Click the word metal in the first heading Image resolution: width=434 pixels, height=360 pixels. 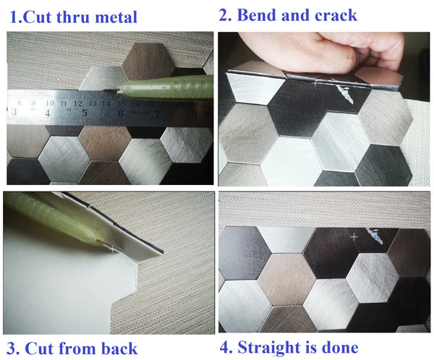pos(116,17)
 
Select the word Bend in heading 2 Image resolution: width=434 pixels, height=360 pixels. pos(257,15)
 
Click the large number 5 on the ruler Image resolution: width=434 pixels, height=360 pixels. pos(85,113)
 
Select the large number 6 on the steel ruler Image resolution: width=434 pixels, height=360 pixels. pos(120,113)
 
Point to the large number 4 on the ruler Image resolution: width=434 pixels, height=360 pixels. pos(48,113)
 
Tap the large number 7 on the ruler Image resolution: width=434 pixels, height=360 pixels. pos(157,113)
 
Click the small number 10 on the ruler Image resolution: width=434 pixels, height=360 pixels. pos(50,103)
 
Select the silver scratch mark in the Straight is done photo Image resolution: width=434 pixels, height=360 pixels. pos(375,236)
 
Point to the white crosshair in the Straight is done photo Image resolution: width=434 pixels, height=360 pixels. pos(354,237)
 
